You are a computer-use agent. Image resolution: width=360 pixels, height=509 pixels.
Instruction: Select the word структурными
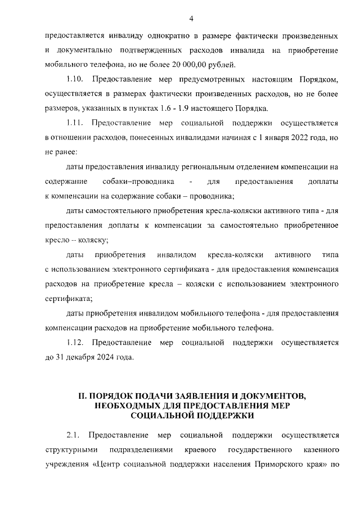[67, 451]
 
